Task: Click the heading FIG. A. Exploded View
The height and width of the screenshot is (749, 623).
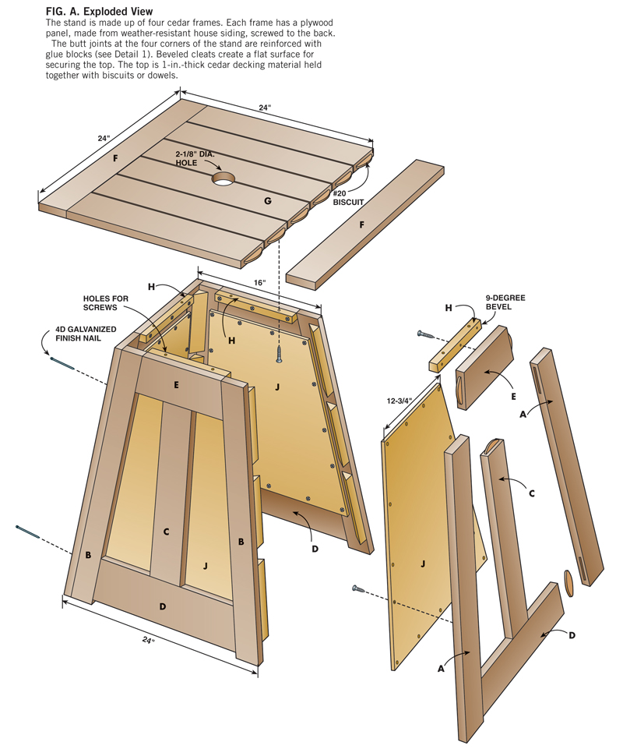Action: click(99, 12)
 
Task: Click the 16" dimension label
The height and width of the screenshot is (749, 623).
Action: click(260, 281)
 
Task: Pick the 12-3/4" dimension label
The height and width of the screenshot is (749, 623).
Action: click(403, 402)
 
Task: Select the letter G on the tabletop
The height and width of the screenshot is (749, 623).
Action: click(267, 201)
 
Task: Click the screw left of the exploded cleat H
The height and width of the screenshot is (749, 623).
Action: click(426, 334)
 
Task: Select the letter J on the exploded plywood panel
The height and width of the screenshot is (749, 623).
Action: click(422, 563)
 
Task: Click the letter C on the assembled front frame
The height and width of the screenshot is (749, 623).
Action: click(165, 532)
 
